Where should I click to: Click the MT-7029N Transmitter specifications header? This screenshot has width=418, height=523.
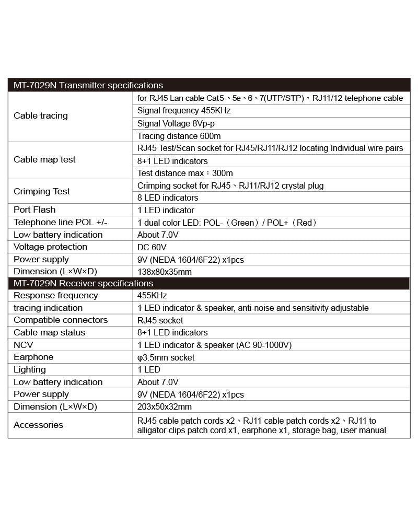(88, 85)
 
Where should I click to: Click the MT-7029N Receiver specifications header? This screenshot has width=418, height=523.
(84, 283)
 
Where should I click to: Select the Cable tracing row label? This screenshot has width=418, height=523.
(41, 115)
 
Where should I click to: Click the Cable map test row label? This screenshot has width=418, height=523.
(44, 159)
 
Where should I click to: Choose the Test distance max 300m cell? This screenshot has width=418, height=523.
(185, 173)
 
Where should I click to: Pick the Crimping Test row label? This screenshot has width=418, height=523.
(42, 191)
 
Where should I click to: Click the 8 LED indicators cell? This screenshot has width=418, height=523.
(168, 197)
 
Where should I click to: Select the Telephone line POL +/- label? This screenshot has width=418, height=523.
(60, 223)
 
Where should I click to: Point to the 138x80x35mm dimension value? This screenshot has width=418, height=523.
(165, 272)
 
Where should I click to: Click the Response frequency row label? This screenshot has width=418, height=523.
(56, 295)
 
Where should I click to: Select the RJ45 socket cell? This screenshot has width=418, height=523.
(160, 320)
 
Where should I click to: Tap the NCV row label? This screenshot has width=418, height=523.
(23, 345)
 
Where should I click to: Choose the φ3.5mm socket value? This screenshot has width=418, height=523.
(166, 357)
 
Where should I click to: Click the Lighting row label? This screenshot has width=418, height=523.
(30, 369)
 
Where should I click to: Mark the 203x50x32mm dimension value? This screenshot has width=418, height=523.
(165, 406)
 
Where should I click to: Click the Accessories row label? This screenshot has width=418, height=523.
(38, 425)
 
